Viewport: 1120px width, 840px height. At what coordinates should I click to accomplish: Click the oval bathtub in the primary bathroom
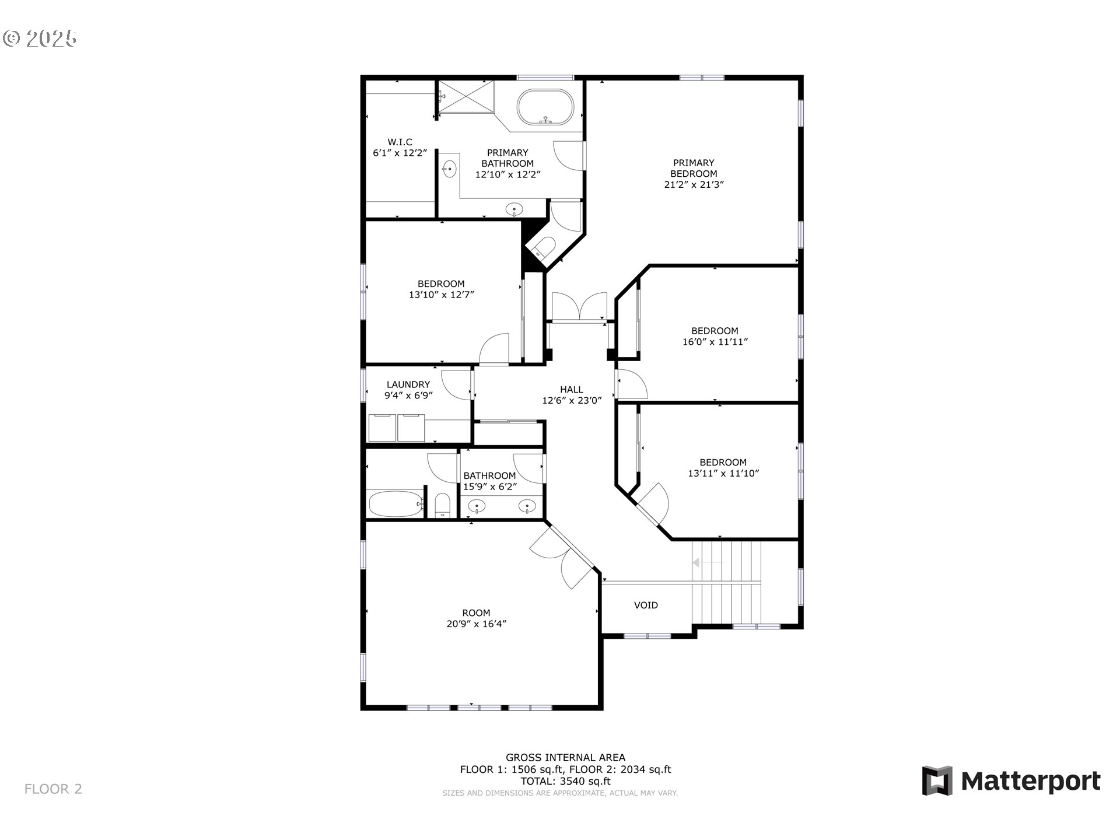point(545,107)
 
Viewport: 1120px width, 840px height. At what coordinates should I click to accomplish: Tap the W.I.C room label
point(400,142)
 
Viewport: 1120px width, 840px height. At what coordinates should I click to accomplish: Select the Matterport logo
point(1011,780)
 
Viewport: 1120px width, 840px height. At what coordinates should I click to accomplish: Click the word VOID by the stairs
point(646,605)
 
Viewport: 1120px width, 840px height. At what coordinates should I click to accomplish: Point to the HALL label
point(572,389)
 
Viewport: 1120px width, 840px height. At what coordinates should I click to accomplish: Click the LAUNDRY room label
point(408,384)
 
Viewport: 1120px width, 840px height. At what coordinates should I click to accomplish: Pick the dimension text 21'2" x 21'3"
point(694,184)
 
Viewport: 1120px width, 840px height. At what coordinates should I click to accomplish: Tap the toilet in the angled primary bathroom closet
point(542,247)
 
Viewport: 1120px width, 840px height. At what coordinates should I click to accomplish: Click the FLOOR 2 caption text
point(53,789)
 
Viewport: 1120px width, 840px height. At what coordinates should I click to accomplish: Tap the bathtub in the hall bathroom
point(395,504)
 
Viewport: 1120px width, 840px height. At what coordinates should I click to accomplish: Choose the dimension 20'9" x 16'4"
point(476,624)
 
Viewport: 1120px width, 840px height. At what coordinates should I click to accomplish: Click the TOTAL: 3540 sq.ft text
point(565,781)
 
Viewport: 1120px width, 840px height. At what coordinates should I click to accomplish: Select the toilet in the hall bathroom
point(443,506)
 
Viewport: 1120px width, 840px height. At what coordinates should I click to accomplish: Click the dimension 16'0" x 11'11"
point(715,342)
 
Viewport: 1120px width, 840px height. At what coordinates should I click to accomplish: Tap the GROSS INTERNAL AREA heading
point(565,758)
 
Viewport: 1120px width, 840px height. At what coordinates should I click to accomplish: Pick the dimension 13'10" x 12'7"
point(441,295)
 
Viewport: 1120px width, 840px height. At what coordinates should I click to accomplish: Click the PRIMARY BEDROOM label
point(694,168)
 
